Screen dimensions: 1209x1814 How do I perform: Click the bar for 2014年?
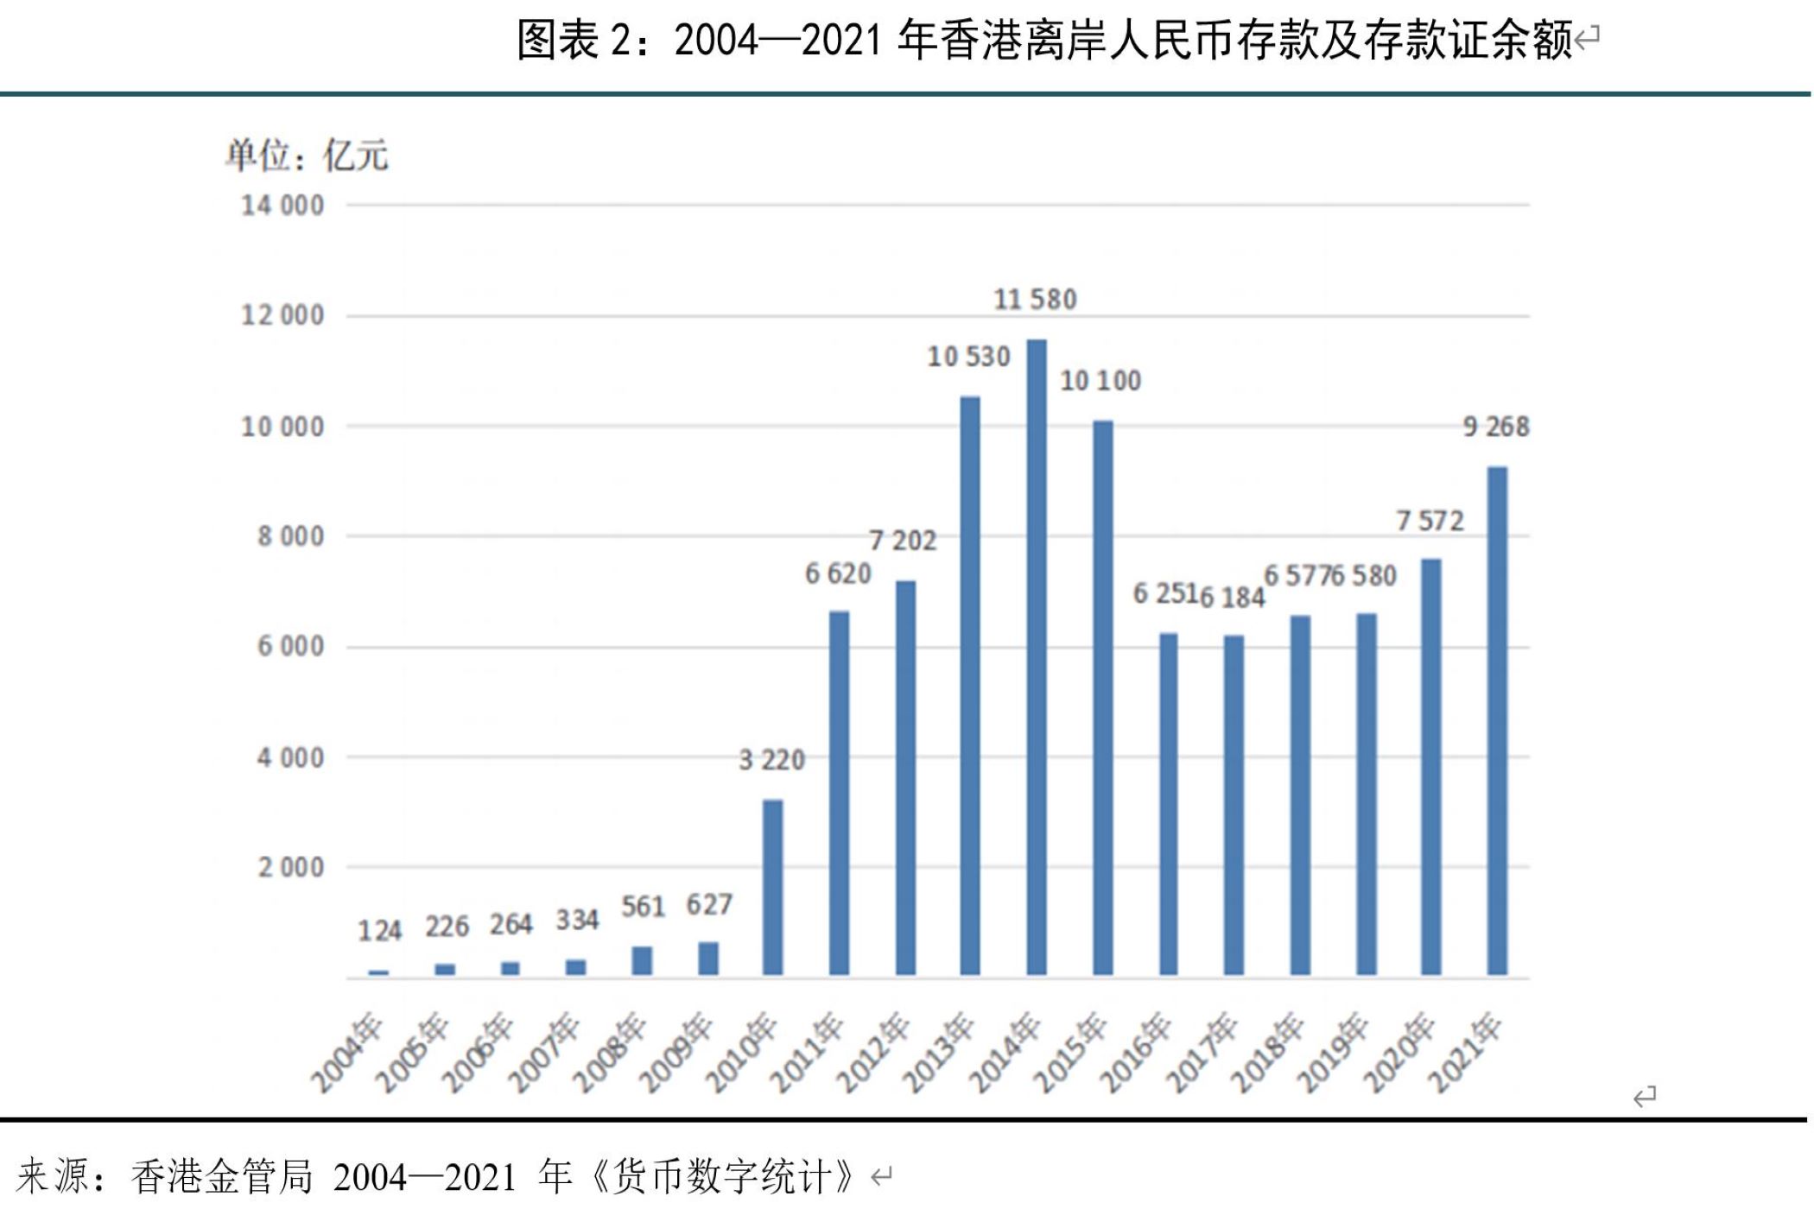click(1037, 656)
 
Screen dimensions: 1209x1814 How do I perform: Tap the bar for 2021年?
click(1497, 721)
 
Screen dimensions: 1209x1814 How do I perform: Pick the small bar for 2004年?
click(378, 973)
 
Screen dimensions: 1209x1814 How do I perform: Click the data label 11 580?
click(1035, 300)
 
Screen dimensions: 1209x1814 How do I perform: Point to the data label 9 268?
click(1496, 427)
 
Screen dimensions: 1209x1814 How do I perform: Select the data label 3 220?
click(771, 760)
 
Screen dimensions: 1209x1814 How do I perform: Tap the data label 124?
click(379, 931)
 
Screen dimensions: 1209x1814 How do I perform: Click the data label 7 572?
click(1430, 521)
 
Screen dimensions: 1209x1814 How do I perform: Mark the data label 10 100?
click(1100, 381)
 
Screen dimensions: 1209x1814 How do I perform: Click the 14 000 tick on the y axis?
click(282, 206)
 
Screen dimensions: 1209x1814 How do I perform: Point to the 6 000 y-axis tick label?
click(290, 647)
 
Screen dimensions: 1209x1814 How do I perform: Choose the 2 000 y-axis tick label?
click(290, 867)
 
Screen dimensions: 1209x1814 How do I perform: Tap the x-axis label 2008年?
click(610, 1054)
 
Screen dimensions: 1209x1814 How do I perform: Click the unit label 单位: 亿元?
click(307, 156)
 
